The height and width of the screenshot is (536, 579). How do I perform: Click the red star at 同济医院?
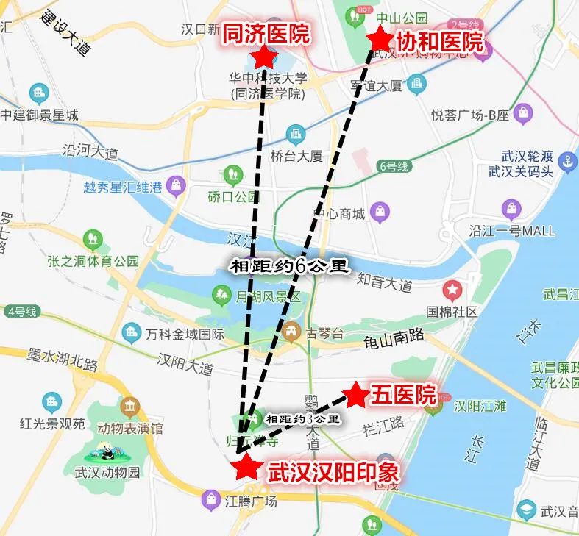pyautogui.click(x=263, y=57)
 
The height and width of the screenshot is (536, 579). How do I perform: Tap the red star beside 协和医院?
pyautogui.click(x=380, y=37)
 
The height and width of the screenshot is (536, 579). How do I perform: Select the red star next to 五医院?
pyautogui.click(x=356, y=395)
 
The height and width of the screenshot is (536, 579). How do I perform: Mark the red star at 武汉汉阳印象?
pyautogui.click(x=246, y=466)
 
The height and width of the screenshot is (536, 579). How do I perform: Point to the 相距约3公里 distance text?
pyautogui.click(x=302, y=419)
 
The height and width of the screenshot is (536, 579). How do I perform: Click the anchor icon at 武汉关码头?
pyautogui.click(x=567, y=162)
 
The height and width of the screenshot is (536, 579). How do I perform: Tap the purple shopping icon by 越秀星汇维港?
pyautogui.click(x=177, y=186)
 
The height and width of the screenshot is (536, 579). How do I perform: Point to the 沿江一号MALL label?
pyautogui.click(x=511, y=231)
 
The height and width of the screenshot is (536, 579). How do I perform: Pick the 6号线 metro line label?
pyautogui.click(x=393, y=166)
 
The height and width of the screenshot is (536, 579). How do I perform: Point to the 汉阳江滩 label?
pyautogui.click(x=481, y=407)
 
